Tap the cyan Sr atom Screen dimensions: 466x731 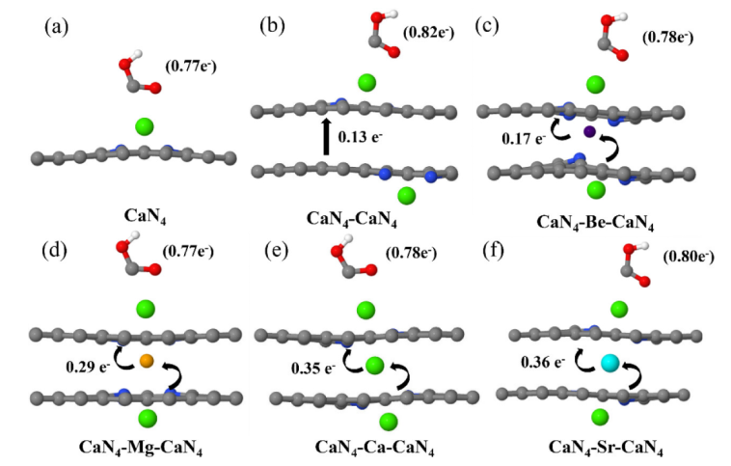pyautogui.click(x=609, y=362)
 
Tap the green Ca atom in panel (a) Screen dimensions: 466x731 pyautogui.click(x=146, y=126)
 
